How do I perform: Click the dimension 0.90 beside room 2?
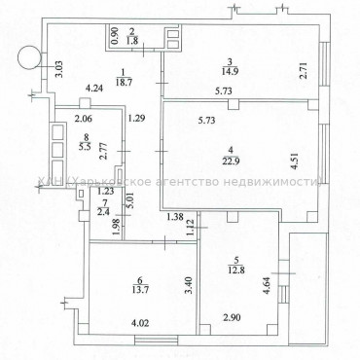point(115,37)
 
